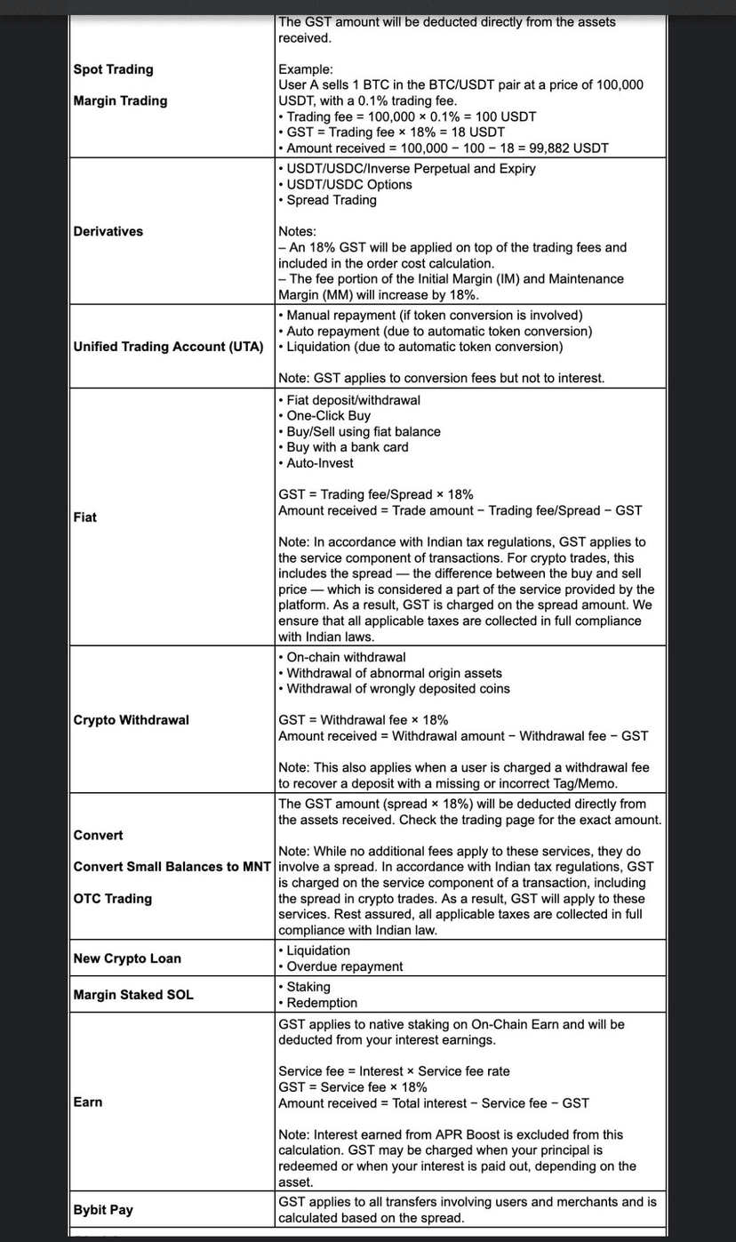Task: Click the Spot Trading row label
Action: [113, 69]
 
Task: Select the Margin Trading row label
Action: [120, 100]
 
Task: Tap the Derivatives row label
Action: [108, 231]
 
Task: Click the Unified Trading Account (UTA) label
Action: [168, 347]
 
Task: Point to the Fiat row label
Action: [85, 517]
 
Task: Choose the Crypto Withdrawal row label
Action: [131, 719]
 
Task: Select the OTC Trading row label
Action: [112, 899]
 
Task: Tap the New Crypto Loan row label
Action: [126, 958]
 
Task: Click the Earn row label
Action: [88, 1102]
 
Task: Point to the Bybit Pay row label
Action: [103, 1210]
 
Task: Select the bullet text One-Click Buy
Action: [328, 416]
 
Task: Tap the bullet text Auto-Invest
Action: [319, 463]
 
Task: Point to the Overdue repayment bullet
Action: [344, 966]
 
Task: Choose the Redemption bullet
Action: [321, 1003]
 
